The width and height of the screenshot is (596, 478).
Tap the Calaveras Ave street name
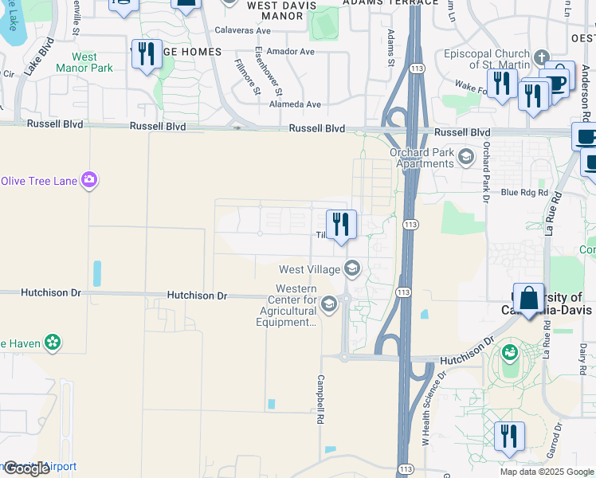click(244, 31)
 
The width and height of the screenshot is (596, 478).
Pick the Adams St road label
click(391, 48)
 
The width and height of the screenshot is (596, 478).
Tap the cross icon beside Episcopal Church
click(542, 57)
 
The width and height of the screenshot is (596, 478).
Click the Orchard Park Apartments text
click(421, 159)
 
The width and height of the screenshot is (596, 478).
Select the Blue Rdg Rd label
click(524, 193)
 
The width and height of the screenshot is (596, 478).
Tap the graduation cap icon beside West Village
click(352, 268)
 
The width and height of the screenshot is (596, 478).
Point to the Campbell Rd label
click(320, 398)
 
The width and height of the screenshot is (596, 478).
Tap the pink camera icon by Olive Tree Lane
click(90, 180)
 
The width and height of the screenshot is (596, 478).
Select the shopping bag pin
click(528, 299)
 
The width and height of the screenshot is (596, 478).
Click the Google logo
click(26, 468)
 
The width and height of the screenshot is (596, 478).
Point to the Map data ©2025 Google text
click(546, 472)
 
